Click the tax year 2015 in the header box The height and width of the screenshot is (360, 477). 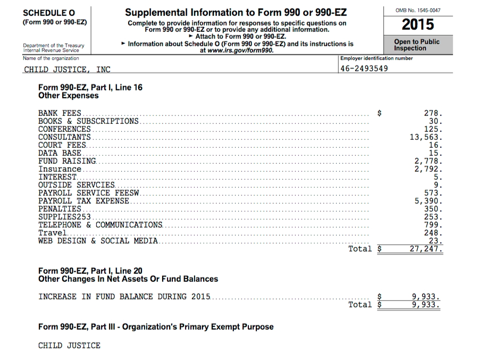click(417, 25)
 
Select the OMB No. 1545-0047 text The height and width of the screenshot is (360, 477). click(417, 10)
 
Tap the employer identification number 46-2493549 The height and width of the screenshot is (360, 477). click(364, 69)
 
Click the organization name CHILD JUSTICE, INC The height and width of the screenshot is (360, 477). click(68, 69)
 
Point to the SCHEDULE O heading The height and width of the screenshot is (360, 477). click(49, 13)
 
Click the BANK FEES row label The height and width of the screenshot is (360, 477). click(60, 113)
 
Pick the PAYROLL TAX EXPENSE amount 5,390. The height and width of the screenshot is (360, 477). click(429, 201)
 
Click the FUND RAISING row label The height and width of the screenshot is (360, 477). click(67, 161)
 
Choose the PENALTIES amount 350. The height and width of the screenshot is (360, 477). click(433, 209)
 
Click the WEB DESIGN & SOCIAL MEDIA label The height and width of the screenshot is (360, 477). click(98, 241)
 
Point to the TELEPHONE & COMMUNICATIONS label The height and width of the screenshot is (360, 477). click(100, 225)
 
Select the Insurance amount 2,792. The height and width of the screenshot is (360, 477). click(429, 169)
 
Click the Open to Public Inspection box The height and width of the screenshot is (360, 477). click(417, 45)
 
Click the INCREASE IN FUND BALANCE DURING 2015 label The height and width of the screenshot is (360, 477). click(124, 297)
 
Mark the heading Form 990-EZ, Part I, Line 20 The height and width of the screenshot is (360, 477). click(90, 271)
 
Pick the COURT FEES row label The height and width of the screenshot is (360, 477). click(62, 145)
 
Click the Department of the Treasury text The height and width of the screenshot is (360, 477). click(53, 46)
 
